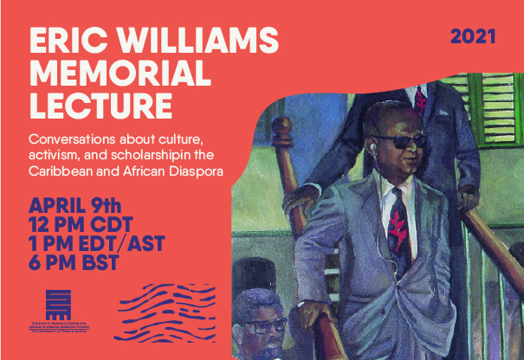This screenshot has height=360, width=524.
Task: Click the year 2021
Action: (473, 36)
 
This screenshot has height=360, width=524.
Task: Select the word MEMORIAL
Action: (113, 75)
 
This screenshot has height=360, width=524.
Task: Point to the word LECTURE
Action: (99, 108)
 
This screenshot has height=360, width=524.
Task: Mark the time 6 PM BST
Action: (74, 263)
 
